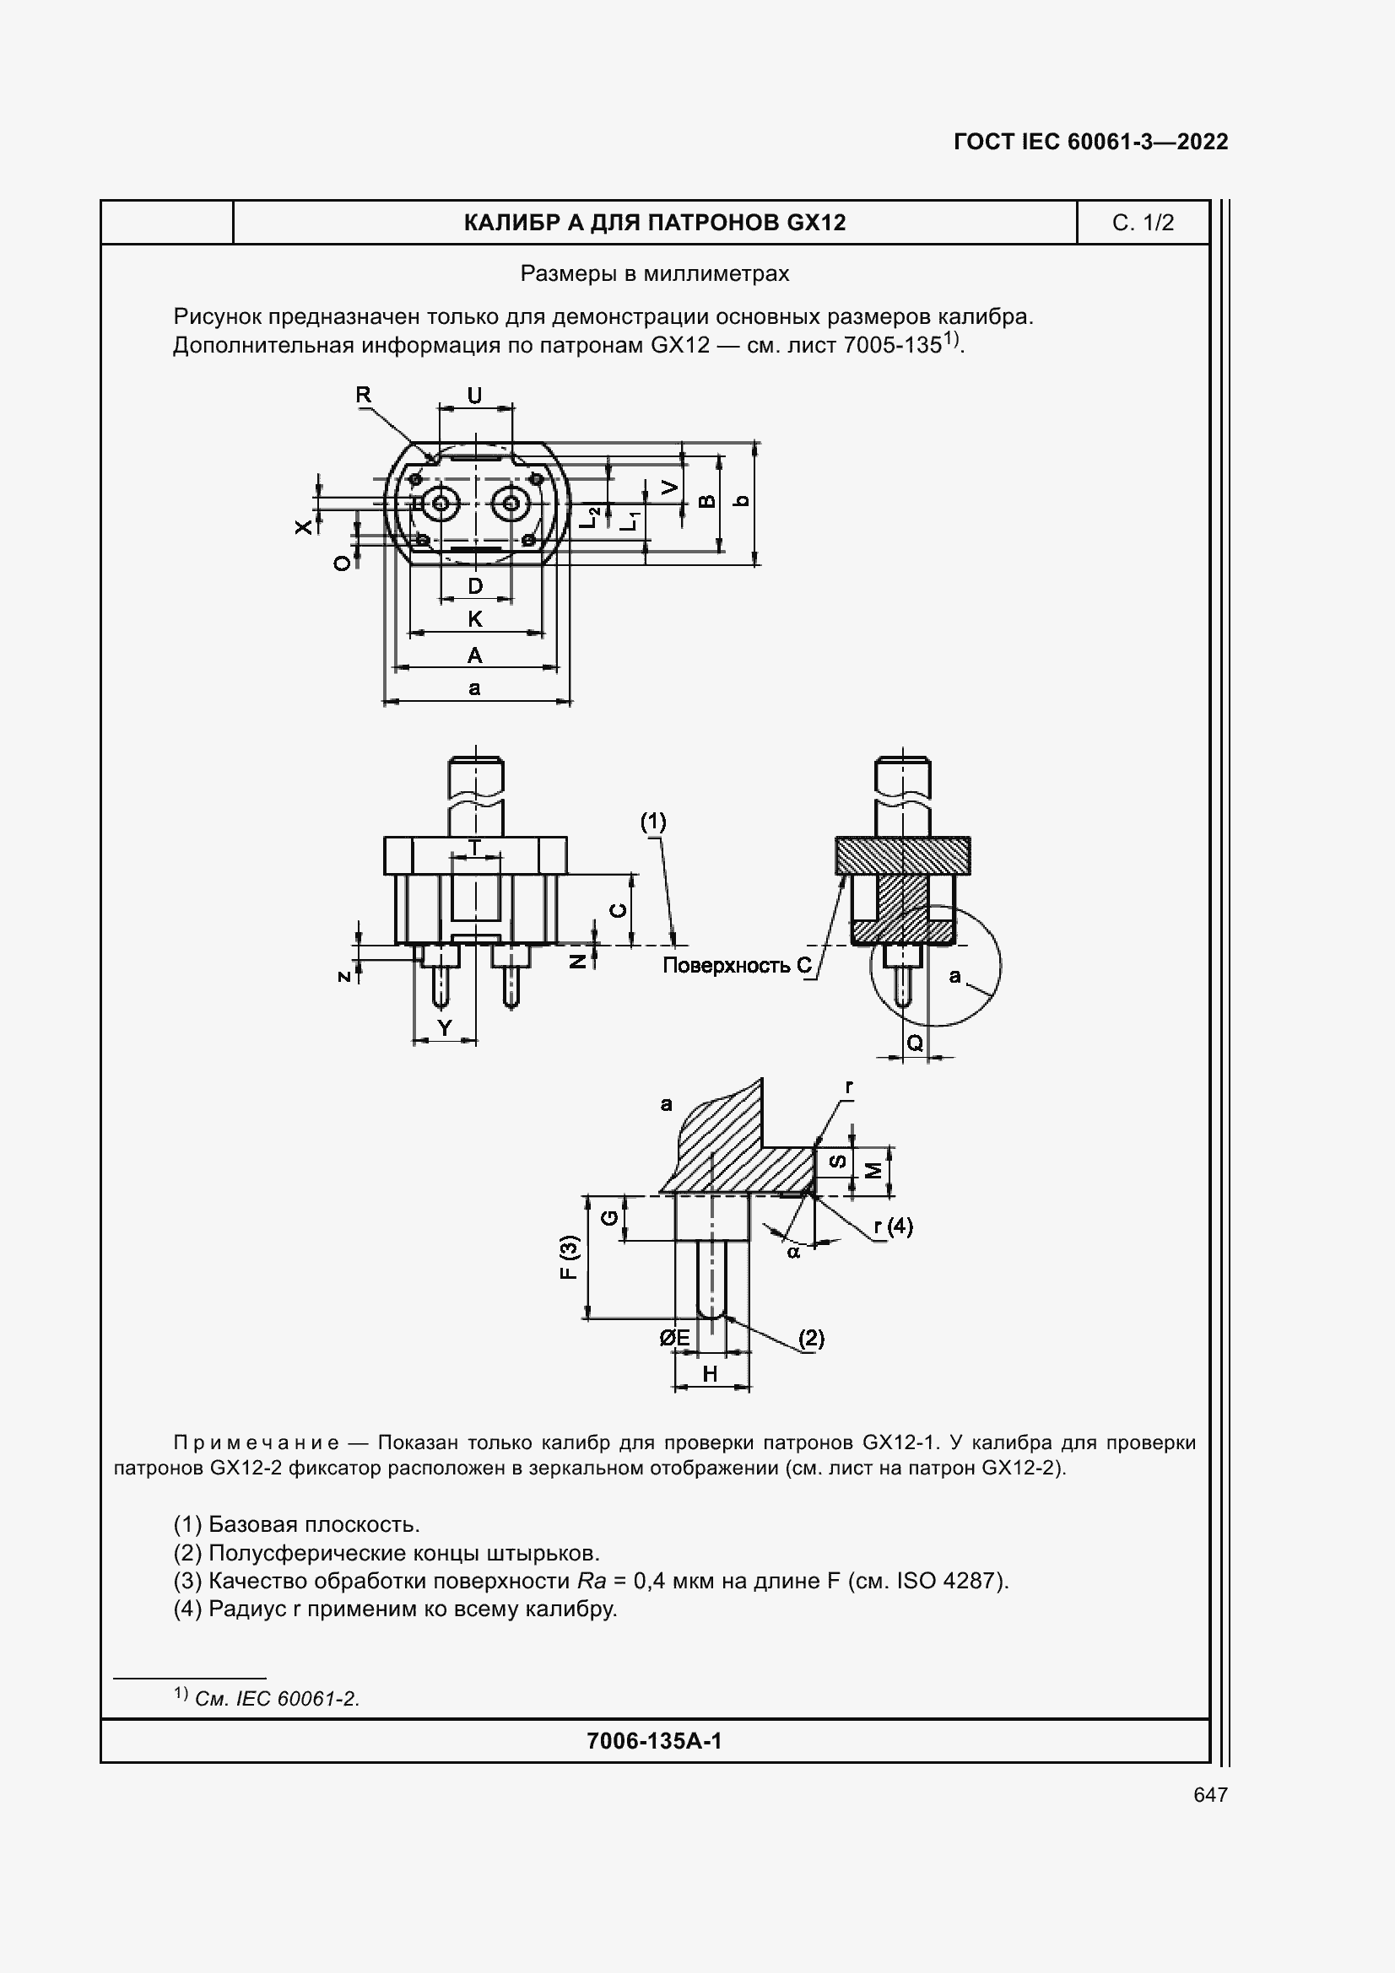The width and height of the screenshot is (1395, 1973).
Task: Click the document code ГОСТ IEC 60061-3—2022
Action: (1090, 142)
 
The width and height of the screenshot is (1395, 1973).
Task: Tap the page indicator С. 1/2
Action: (1143, 224)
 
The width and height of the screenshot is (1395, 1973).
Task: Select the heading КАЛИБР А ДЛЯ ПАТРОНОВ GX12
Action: (654, 224)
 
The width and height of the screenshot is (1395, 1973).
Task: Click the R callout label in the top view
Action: (364, 396)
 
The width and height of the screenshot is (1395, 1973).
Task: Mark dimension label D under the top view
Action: (475, 587)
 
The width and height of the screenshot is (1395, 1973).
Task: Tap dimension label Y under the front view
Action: (445, 1027)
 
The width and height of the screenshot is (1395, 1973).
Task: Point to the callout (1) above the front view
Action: (653, 822)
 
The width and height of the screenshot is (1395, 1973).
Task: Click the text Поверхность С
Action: (737, 966)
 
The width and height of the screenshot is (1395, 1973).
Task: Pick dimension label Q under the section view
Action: (916, 1043)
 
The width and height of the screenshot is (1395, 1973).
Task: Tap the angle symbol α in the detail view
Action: (793, 1252)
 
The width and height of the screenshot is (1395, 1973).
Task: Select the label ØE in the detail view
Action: (675, 1338)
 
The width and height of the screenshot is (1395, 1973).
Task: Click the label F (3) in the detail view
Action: (569, 1257)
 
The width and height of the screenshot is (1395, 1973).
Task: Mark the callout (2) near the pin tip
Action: (811, 1338)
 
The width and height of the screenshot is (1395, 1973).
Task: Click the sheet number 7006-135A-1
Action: (654, 1741)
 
